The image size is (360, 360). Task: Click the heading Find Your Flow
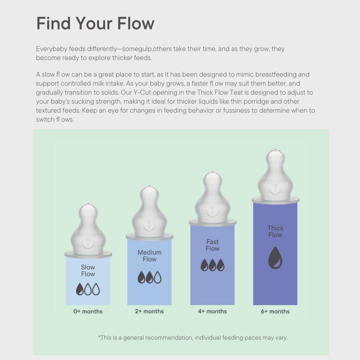click(95, 23)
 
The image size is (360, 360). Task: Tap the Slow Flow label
click(88, 270)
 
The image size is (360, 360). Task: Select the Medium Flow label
click(149, 256)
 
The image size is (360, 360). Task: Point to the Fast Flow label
click(213, 245)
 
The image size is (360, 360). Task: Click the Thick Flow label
click(275, 231)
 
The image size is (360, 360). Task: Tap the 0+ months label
click(88, 311)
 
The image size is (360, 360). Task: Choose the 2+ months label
click(149, 311)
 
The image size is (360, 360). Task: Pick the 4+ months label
click(212, 311)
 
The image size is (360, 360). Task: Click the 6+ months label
click(275, 311)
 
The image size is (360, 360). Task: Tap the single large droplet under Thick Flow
click(275, 258)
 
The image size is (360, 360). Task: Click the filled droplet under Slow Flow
click(80, 289)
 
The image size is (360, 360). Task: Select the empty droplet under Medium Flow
click(158, 277)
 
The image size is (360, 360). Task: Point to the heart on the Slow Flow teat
click(88, 244)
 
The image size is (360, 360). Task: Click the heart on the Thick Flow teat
click(275, 189)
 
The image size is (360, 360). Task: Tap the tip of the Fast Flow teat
click(213, 172)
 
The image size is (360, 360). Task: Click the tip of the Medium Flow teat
click(149, 186)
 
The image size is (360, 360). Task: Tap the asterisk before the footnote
click(99, 337)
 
